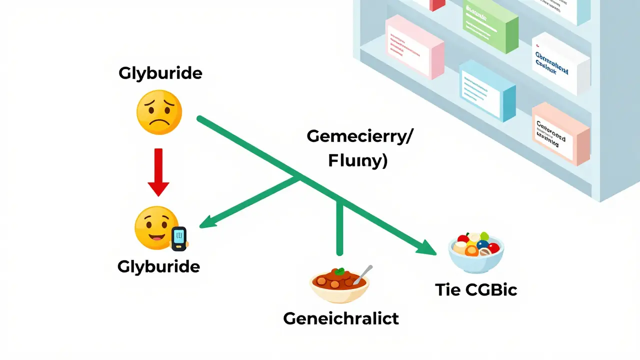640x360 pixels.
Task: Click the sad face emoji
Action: pos(159,112)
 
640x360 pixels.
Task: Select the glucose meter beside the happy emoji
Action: pos(178,238)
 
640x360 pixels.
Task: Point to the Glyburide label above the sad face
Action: pos(160,73)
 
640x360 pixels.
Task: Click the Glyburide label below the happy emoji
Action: pos(158,266)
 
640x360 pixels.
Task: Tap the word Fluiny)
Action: pos(357,161)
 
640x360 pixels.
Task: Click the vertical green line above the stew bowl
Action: pos(340,225)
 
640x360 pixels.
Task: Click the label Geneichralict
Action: pos(341,318)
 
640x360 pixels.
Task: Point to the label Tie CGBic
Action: pos(475,289)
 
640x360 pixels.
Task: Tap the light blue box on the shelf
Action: pos(486,91)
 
